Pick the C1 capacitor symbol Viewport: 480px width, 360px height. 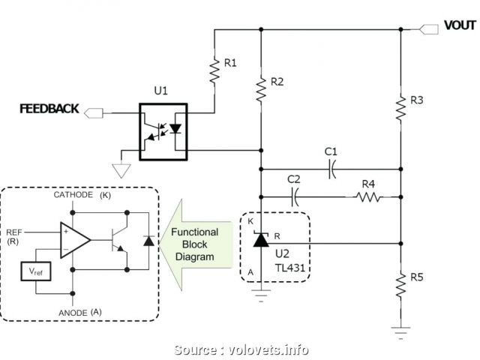pyautogui.click(x=331, y=170)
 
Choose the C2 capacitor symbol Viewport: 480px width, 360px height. pyautogui.click(x=295, y=197)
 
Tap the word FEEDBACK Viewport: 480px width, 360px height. pyautogui.click(x=50, y=109)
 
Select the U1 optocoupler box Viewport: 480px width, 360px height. pyautogui.click(x=163, y=131)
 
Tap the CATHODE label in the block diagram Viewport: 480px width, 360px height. pyautogui.click(x=73, y=195)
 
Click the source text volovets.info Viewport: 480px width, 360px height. pyautogui.click(x=241, y=349)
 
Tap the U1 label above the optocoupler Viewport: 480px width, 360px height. pyautogui.click(x=160, y=91)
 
